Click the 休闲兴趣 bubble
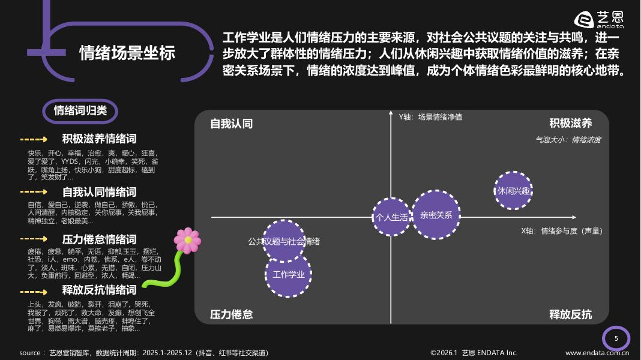coord(513,191)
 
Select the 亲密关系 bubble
coord(436,215)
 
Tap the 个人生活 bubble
coord(391,217)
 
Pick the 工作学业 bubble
coord(288,275)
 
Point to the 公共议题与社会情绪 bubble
coord(284,241)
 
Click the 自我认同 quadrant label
coord(231,124)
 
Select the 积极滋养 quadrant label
coord(570,124)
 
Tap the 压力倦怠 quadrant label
coord(231,314)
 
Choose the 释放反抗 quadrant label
coord(570,314)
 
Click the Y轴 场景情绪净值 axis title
coord(430,117)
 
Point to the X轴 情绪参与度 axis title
coord(561,231)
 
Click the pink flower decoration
coord(187,240)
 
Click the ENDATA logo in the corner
coord(599,20)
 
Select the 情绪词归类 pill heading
coord(80,111)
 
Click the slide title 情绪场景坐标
coord(127,53)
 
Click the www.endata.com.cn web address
coord(597,353)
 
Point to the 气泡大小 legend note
coord(568,140)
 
